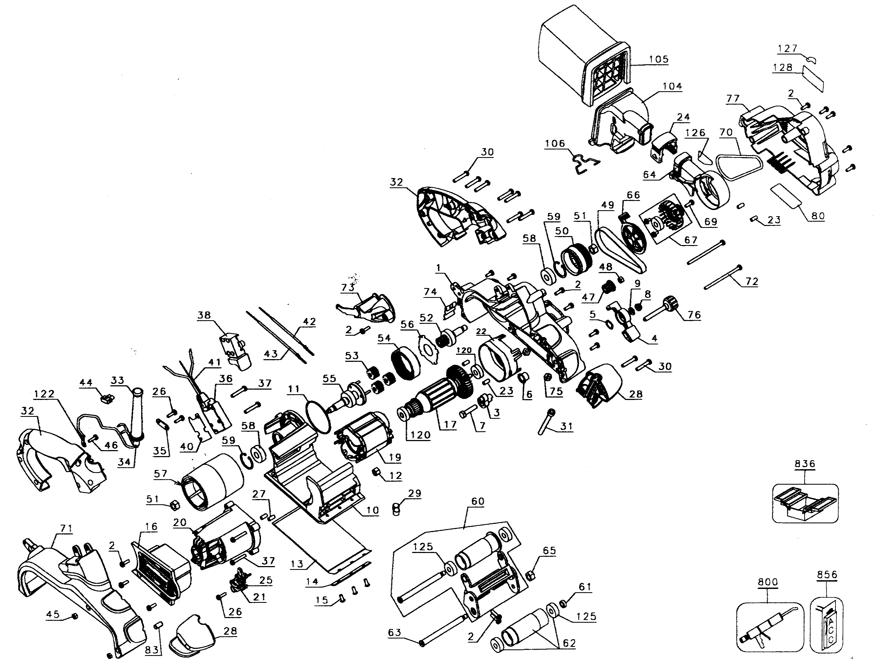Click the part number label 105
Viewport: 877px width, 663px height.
(x=658, y=59)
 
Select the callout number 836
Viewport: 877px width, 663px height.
(x=805, y=464)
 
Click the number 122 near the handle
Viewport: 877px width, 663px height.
(x=44, y=394)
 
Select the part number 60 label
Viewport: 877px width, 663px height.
(x=477, y=502)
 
